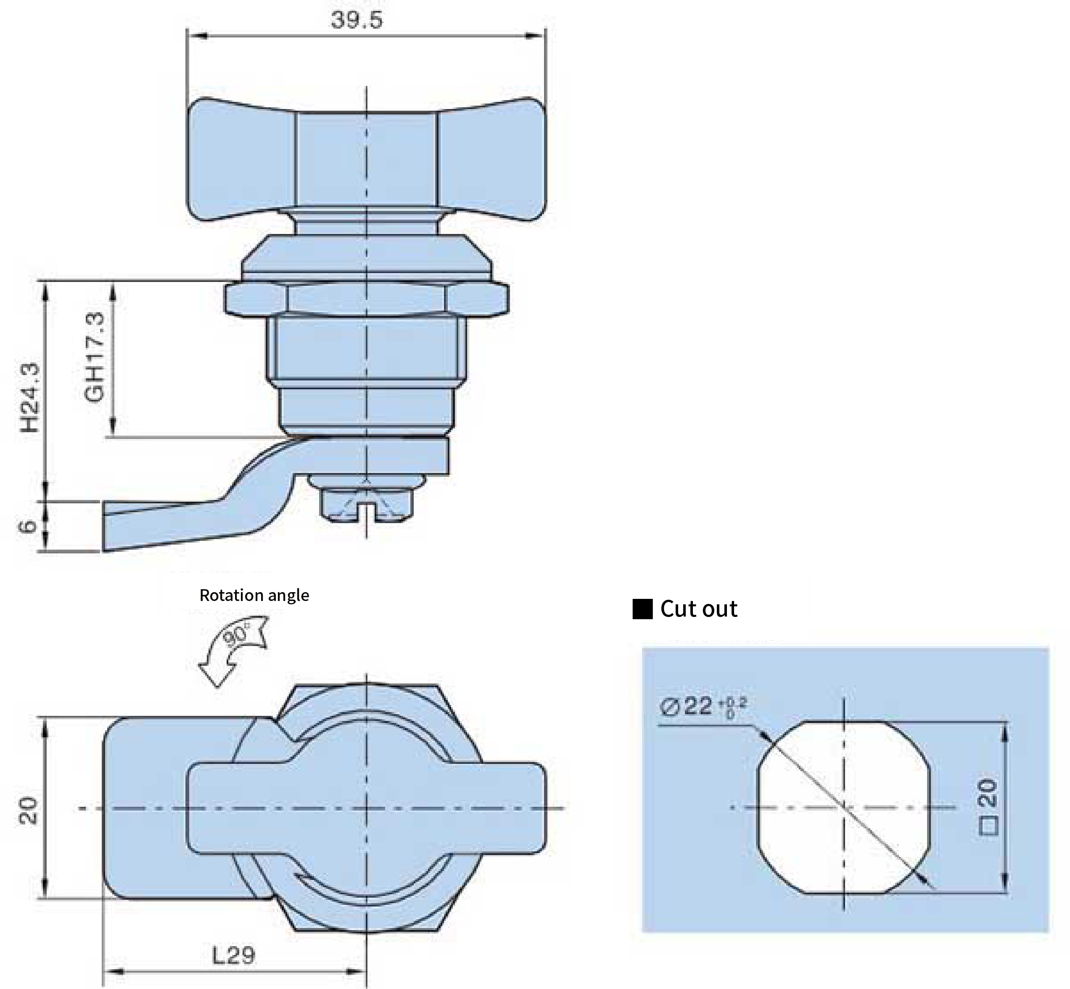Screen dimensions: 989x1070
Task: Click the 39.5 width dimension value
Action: (357, 20)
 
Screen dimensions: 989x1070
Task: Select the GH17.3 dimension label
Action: (95, 357)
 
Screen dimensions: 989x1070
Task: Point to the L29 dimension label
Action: (234, 955)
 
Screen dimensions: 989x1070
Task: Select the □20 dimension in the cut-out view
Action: (988, 807)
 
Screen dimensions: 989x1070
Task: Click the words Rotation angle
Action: (254, 595)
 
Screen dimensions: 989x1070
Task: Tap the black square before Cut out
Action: (642, 609)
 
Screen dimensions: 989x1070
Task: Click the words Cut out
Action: (698, 609)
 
